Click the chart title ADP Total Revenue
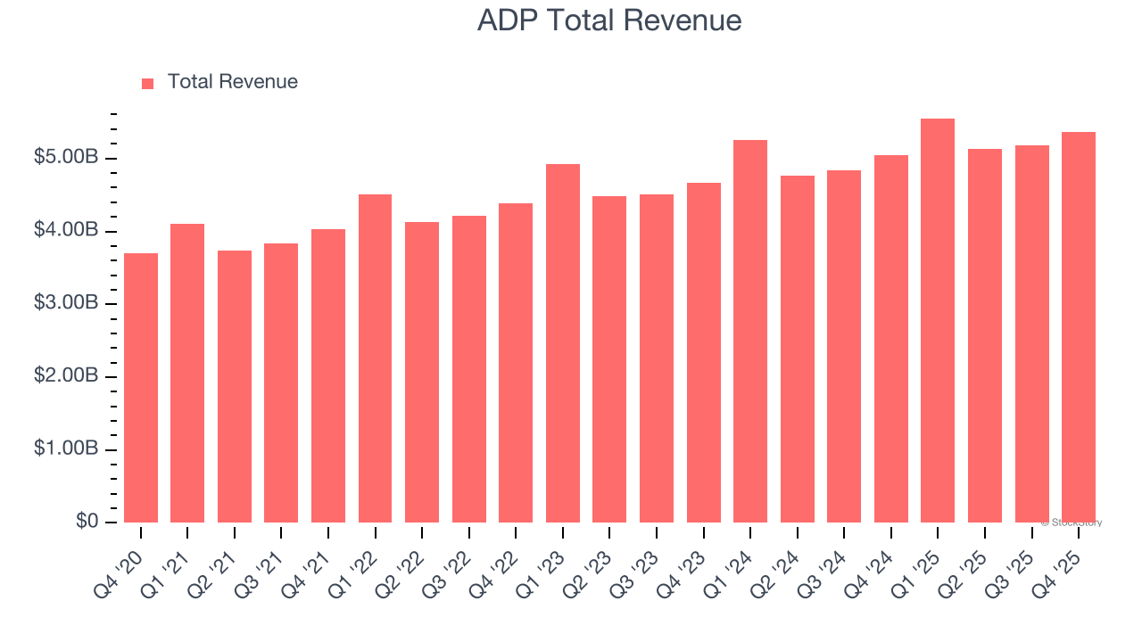[x=609, y=20]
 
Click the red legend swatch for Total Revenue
[x=148, y=83]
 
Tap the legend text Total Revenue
[x=232, y=82]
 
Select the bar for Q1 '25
[x=938, y=321]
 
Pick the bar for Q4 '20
[x=141, y=388]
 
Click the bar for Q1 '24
[x=749, y=332]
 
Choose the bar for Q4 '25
[x=1078, y=327]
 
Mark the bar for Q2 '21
[x=235, y=387]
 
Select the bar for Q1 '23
[x=562, y=343]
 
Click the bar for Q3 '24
[x=844, y=346]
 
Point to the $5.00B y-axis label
[x=66, y=158]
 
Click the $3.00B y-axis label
[x=66, y=303]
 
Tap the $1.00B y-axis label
[x=66, y=449]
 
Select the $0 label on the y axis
[x=87, y=522]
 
